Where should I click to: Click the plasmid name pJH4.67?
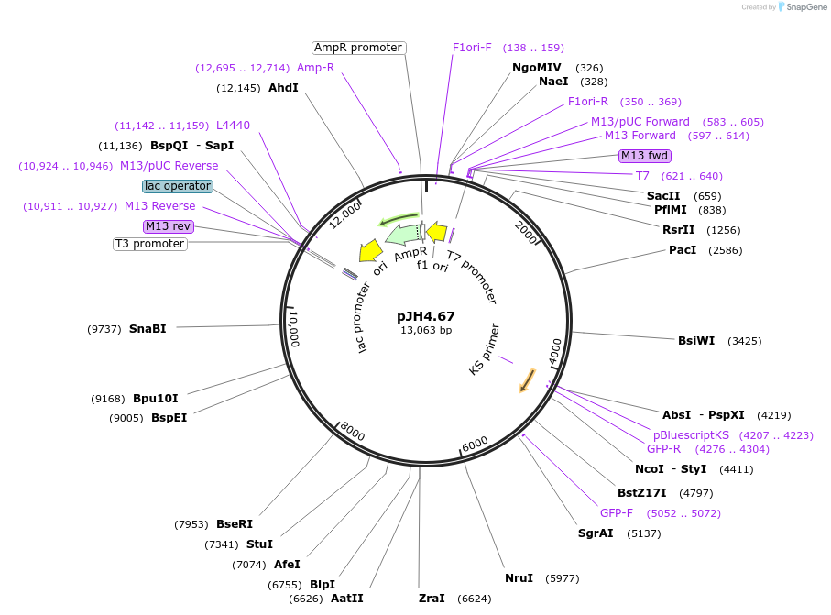pyautogui.click(x=425, y=316)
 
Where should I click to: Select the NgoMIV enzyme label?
pyautogui.click(x=537, y=68)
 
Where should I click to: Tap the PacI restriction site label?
pyautogui.click(x=683, y=249)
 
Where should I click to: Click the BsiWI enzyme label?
pyautogui.click(x=696, y=341)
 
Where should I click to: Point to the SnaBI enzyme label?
pyautogui.click(x=148, y=328)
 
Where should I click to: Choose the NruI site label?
pyautogui.click(x=519, y=577)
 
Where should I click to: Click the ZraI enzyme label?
pyautogui.click(x=431, y=598)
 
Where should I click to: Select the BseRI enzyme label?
pyautogui.click(x=234, y=524)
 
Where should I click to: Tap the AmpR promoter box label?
pyautogui.click(x=358, y=48)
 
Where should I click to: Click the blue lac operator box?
pyautogui.click(x=178, y=186)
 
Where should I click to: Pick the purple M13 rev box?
pyautogui.click(x=168, y=226)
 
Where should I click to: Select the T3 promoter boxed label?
pyautogui.click(x=150, y=244)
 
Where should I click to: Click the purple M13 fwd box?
pyautogui.click(x=645, y=155)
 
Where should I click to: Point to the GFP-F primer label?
pyautogui.click(x=617, y=512)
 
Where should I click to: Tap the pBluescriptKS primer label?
pyautogui.click(x=691, y=434)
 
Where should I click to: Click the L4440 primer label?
pyautogui.click(x=233, y=126)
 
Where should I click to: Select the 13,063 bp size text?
pyautogui.click(x=425, y=330)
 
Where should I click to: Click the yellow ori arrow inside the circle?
pyautogui.click(x=370, y=249)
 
